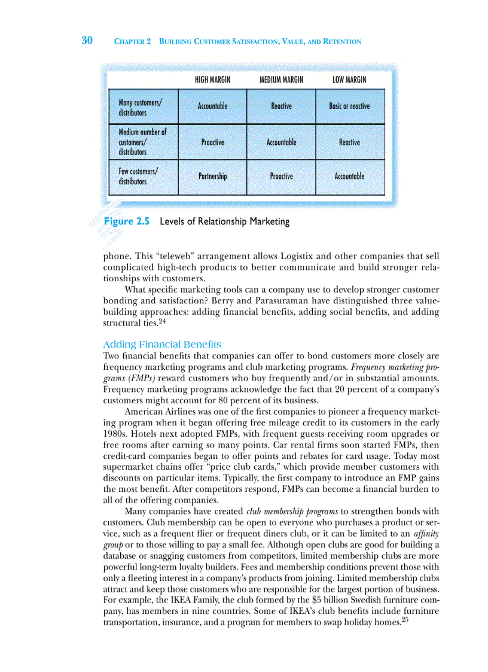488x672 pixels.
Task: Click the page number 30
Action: coord(87,41)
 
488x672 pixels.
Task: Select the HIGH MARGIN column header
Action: coord(212,80)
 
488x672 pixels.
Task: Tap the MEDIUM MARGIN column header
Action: coord(281,80)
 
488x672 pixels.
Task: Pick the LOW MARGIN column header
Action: coord(349,80)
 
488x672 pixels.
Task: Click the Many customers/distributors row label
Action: coord(140,107)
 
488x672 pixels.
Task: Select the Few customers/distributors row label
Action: coord(138,176)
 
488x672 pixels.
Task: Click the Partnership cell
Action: coord(212,177)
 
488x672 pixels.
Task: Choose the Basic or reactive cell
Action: coord(349,106)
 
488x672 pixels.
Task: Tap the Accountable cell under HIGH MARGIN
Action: coord(212,106)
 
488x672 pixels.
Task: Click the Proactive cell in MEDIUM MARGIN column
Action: coord(281,177)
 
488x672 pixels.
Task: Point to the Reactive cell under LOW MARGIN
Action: coord(349,142)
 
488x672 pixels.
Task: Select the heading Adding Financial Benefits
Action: coord(162,345)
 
